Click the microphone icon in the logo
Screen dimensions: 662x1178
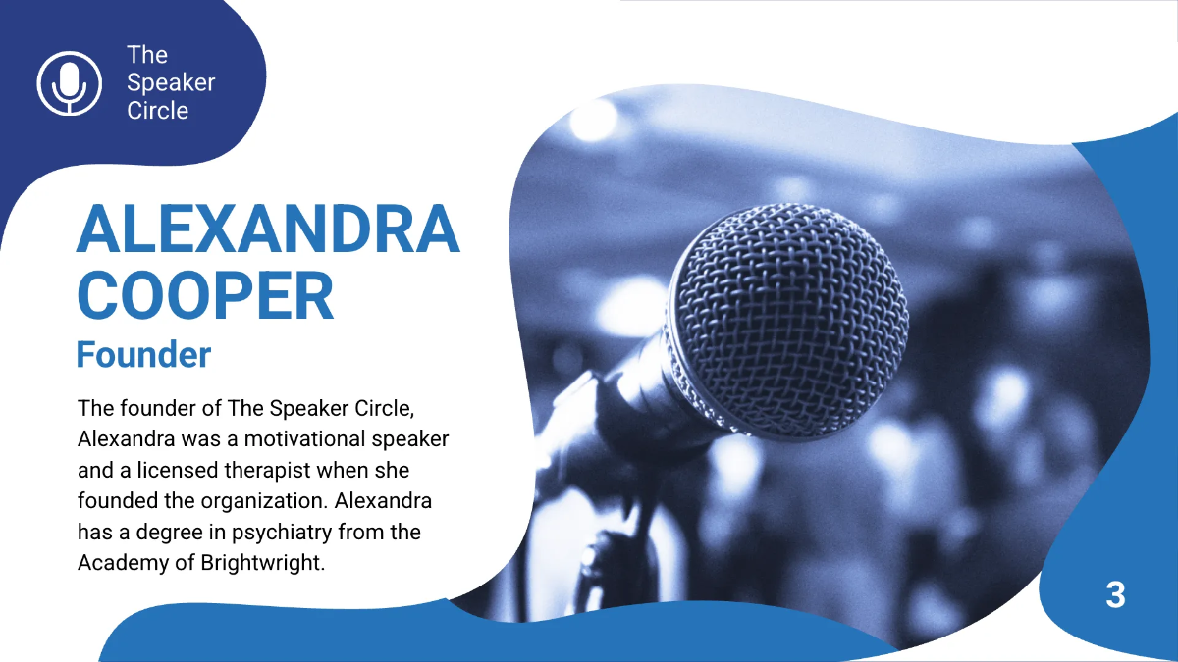[69, 82]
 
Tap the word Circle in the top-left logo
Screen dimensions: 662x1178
[157, 111]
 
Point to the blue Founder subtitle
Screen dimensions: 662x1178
[143, 354]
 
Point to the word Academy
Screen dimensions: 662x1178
[120, 564]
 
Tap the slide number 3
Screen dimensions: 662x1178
[1115, 594]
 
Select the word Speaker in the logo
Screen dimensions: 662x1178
[171, 83]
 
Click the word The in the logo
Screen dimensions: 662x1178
[147, 56]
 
